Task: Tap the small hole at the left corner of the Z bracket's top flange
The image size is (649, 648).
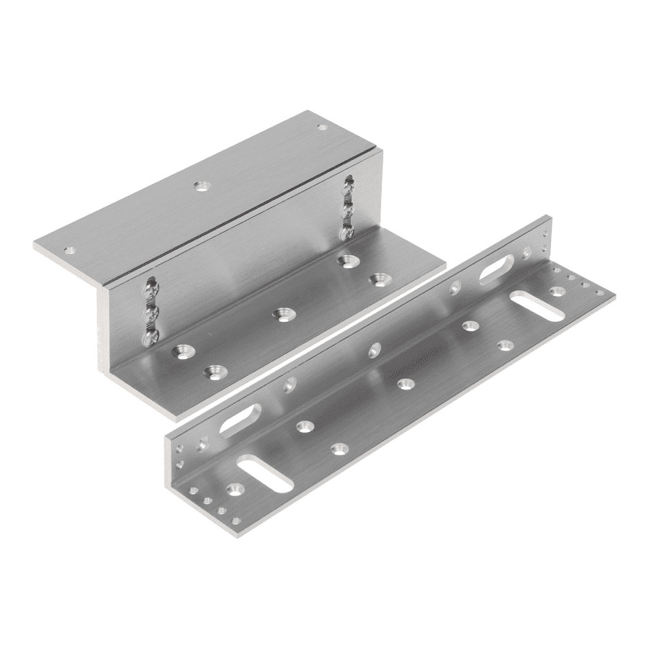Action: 69,251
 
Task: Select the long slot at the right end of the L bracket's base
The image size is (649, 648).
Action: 537,305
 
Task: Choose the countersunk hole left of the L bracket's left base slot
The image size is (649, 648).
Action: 234,490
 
